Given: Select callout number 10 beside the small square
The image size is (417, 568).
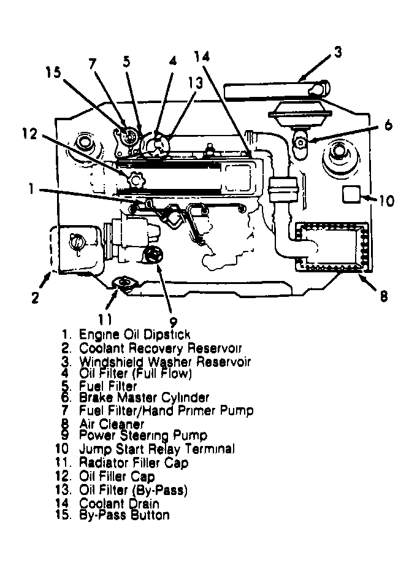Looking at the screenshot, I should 387,201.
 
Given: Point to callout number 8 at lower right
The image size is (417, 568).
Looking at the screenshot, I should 383,296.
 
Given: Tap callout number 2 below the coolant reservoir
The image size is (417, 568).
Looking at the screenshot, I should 35,298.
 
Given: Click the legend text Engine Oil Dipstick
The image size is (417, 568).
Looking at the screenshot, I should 134,334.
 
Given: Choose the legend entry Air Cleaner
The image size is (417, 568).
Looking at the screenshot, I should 112,423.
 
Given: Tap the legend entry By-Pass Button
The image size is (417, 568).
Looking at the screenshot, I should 124,515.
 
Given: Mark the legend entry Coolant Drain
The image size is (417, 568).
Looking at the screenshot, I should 120,503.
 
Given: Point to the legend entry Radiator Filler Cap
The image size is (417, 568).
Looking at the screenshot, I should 134,463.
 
